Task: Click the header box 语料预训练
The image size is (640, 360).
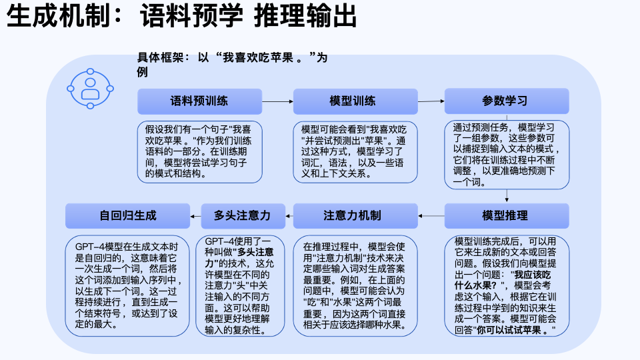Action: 199,101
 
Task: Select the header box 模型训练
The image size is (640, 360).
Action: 355,101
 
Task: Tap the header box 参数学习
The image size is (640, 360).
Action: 507,101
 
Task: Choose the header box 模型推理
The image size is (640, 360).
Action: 507,216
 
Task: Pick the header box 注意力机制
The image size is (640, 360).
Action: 355,216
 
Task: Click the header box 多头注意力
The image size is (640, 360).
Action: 243,216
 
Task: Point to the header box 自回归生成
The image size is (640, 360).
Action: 127,216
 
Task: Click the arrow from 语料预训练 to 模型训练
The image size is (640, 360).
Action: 277,101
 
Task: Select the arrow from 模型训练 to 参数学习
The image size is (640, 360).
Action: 431,101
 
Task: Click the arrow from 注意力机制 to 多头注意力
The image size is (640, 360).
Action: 289,216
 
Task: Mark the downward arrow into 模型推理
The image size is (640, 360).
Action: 507,196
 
